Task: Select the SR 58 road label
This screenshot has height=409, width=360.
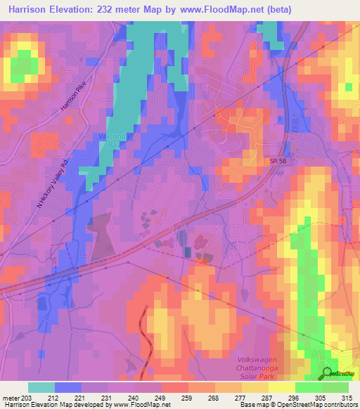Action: click(259, 162)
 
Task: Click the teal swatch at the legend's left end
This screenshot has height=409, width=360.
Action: click(41, 387)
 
